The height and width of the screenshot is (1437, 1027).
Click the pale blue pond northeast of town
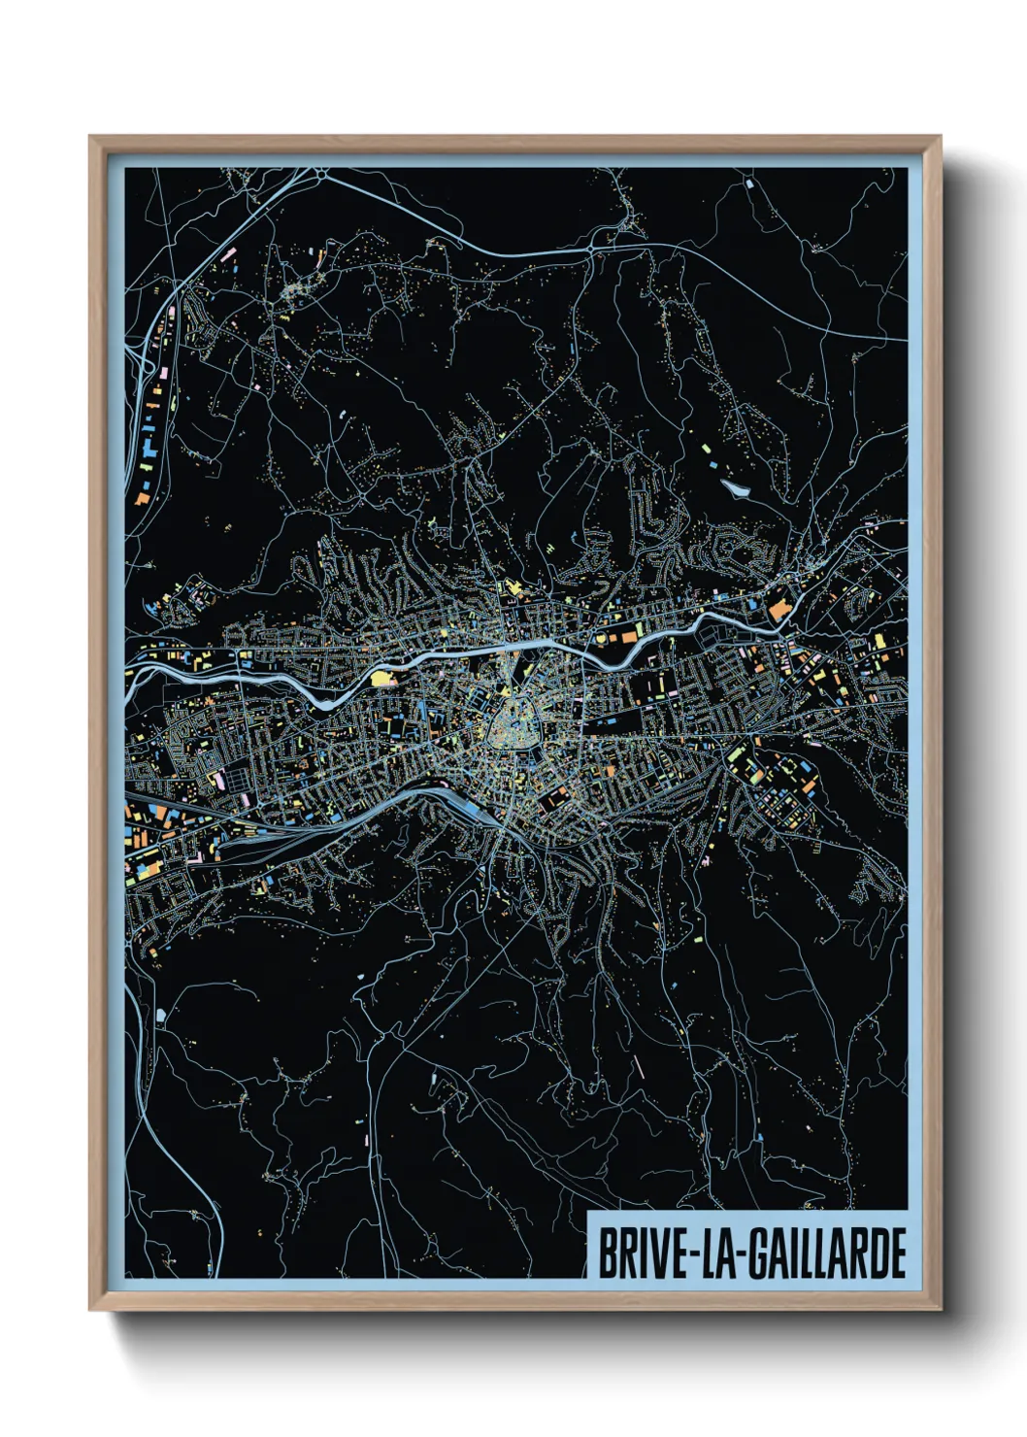pyautogui.click(x=735, y=488)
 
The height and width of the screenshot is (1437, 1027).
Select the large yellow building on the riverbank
pyautogui.click(x=384, y=677)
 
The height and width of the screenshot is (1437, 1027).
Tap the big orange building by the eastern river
pyautogui.click(x=779, y=612)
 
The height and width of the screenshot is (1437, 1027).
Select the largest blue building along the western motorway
pyautogui.click(x=149, y=450)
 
